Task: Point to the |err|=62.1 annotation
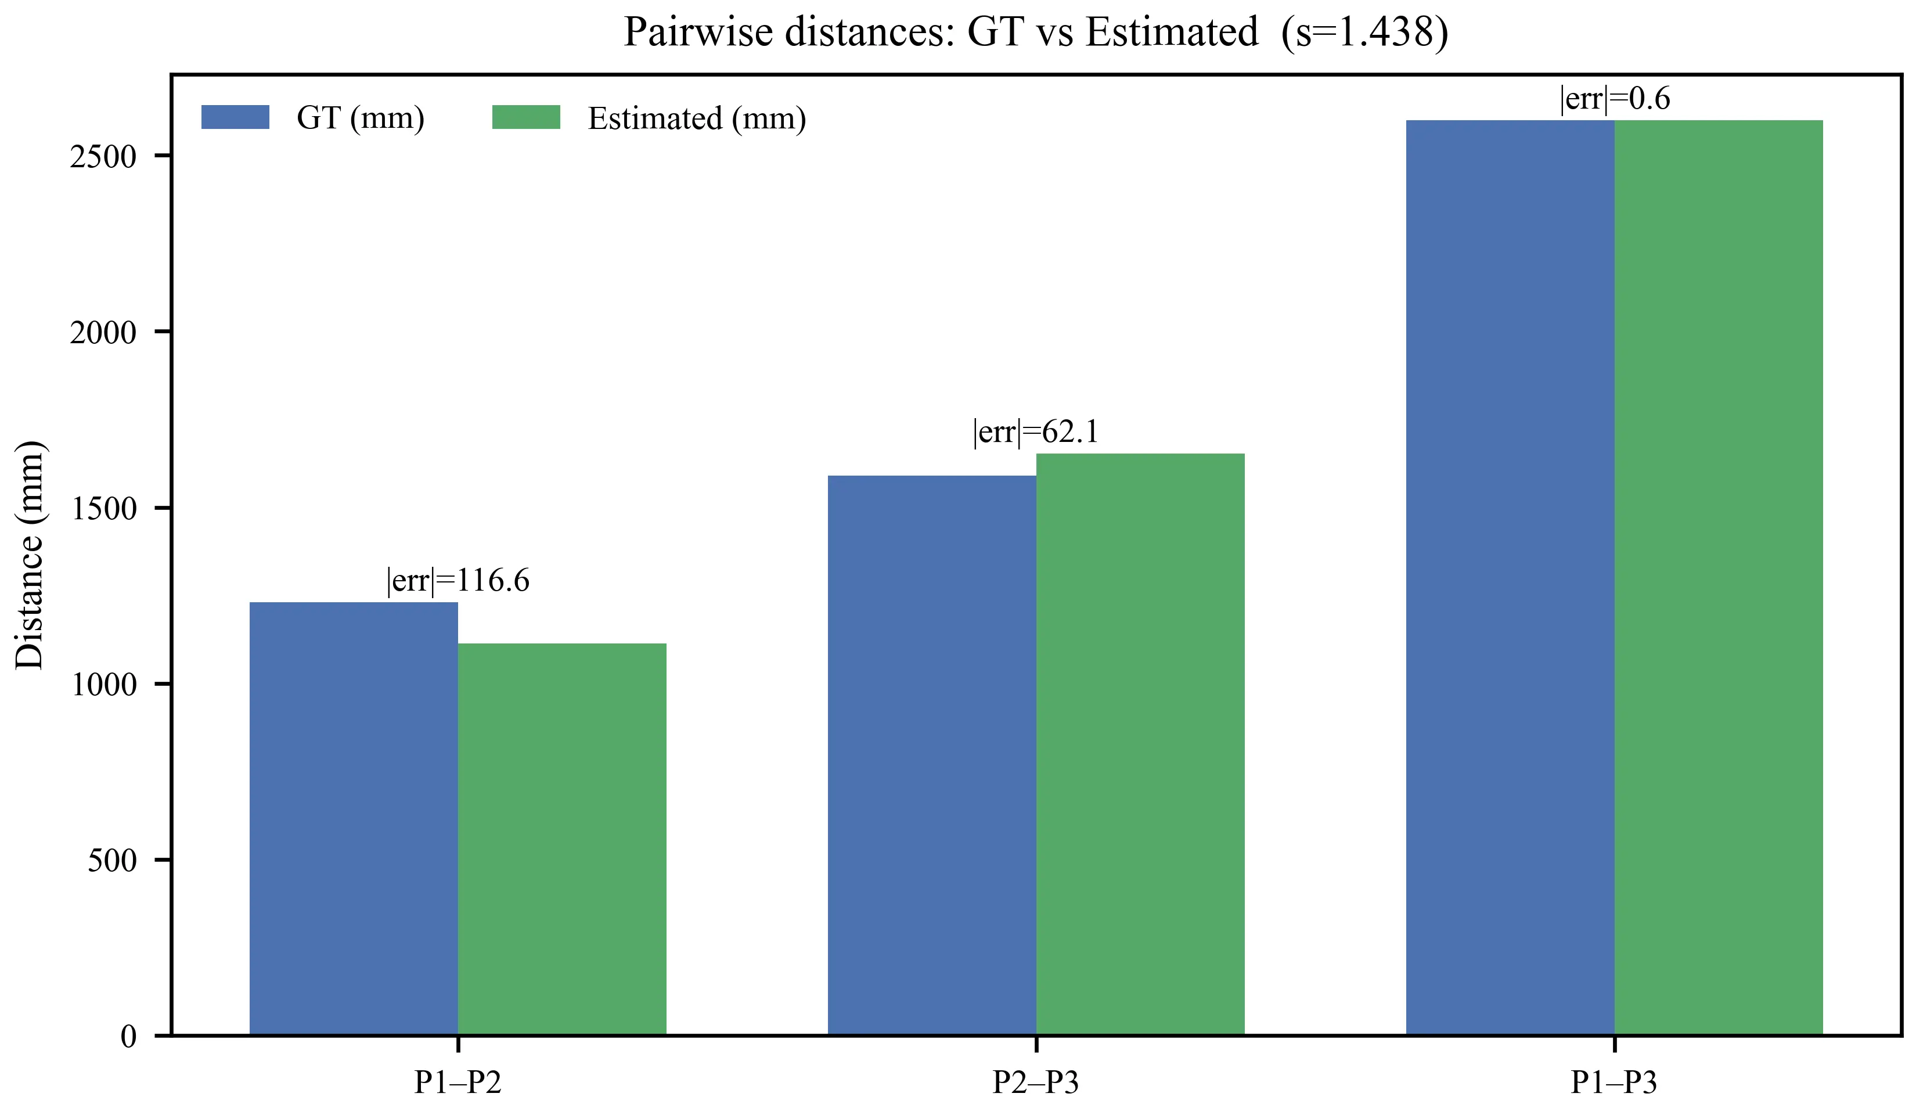tap(1036, 432)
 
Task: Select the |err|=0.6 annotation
tap(1615, 99)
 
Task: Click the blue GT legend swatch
tap(235, 117)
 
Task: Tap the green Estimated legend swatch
tap(525, 117)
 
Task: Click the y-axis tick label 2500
tap(103, 157)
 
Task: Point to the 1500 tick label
tap(103, 508)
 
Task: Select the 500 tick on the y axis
tap(111, 860)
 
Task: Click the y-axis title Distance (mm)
tap(30, 555)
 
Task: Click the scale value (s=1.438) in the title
tap(1365, 32)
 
